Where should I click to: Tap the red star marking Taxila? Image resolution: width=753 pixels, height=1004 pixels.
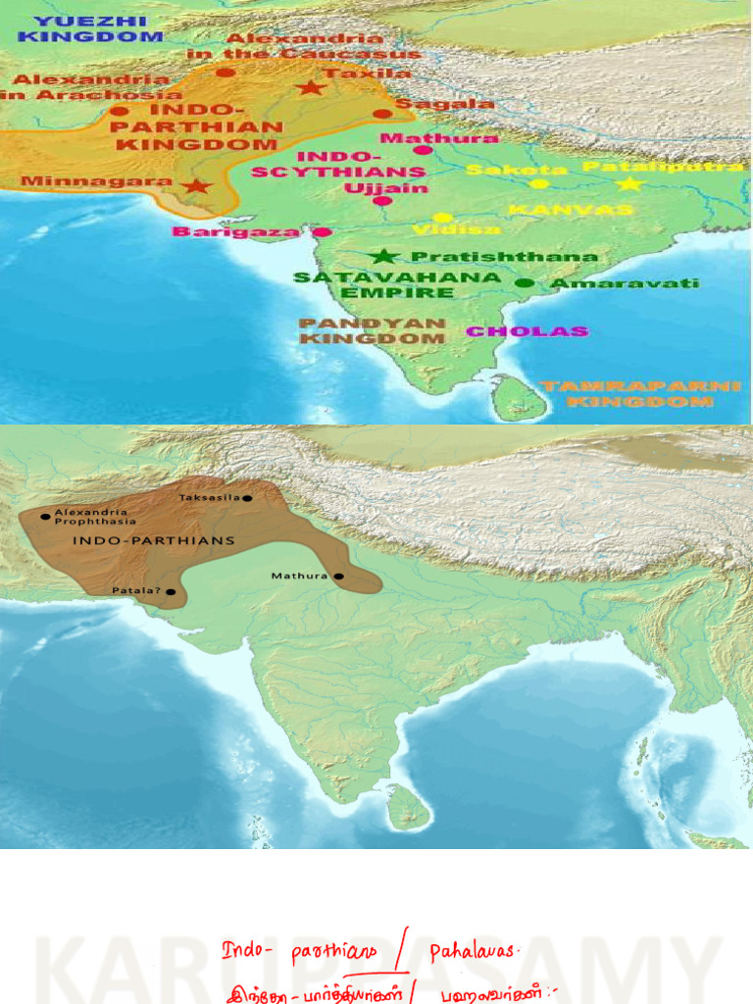point(311,87)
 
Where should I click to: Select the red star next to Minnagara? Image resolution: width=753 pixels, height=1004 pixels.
point(196,185)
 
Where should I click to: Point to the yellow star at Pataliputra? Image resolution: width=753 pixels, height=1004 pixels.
point(629,183)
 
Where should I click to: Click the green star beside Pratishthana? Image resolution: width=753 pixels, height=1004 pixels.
point(383,256)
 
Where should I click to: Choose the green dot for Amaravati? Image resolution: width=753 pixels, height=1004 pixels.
point(526,282)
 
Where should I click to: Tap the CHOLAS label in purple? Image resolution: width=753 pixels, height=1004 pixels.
point(527,331)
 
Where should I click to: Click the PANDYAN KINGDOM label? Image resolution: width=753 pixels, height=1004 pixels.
point(373,330)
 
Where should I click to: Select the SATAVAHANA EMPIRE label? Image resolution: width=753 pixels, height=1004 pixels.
point(397,284)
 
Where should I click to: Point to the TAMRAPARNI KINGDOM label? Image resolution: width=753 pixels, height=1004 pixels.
point(641,393)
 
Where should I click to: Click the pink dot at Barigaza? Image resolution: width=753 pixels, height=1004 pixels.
point(322,232)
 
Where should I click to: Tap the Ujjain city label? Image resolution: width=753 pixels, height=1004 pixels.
point(386,187)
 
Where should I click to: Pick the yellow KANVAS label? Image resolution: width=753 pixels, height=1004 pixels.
point(571,210)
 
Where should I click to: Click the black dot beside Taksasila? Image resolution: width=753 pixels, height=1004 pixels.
point(247,498)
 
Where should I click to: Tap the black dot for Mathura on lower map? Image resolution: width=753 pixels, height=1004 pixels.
point(338,577)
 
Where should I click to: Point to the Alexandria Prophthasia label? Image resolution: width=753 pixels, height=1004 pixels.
point(90,517)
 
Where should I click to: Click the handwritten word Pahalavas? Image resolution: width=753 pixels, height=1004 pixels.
point(475,951)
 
